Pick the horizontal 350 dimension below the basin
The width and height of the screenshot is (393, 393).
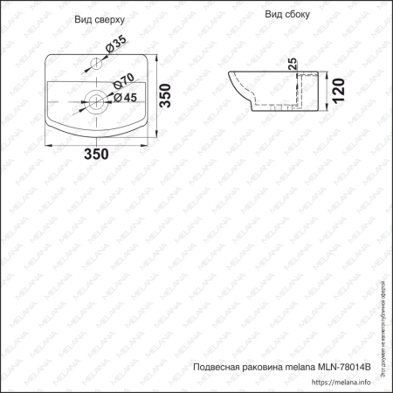[96, 155]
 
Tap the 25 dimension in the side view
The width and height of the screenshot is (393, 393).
[293, 66]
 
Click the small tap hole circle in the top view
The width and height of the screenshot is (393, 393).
[97, 64]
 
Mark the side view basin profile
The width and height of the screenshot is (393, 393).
[271, 92]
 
